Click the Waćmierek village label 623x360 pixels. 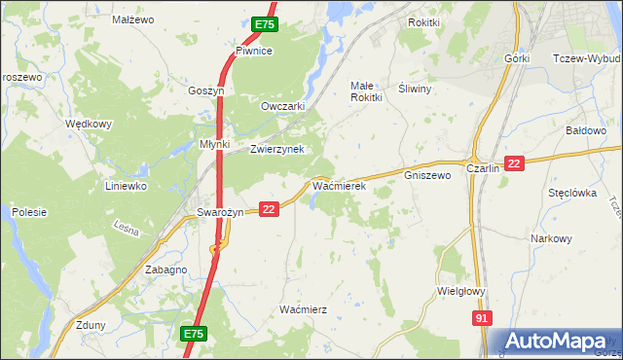coord(338,183)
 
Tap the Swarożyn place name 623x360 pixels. coord(219,213)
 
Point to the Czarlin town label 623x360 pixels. coord(483,167)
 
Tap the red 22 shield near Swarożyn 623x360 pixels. coord(270,208)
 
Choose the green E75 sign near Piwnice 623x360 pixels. coord(265,24)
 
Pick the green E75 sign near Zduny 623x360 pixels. coord(194,334)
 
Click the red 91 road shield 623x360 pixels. coord(482,318)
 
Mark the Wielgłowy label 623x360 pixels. coord(461,290)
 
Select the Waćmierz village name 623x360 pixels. coord(302,308)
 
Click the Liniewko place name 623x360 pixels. coord(126,185)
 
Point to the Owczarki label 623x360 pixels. coord(283,106)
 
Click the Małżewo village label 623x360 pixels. coord(134,18)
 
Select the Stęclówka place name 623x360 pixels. coord(571,193)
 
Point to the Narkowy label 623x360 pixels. coord(551,238)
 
